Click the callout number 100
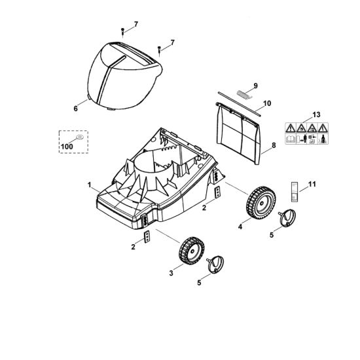[x=67, y=146]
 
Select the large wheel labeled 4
[x=261, y=202]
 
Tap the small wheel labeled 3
[x=192, y=251]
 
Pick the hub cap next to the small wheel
[x=215, y=264]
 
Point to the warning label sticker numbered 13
[x=306, y=134]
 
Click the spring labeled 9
[x=244, y=95]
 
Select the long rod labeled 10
[x=239, y=104]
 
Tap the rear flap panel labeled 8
[x=238, y=134]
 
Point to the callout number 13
[x=316, y=115]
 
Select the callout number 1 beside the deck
[x=89, y=185]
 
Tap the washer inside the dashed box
[x=80, y=137]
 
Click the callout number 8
[x=274, y=145]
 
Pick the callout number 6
[x=75, y=109]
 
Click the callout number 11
[x=312, y=184]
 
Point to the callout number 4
[x=240, y=227]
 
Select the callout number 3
[x=171, y=273]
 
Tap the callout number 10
[x=267, y=103]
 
